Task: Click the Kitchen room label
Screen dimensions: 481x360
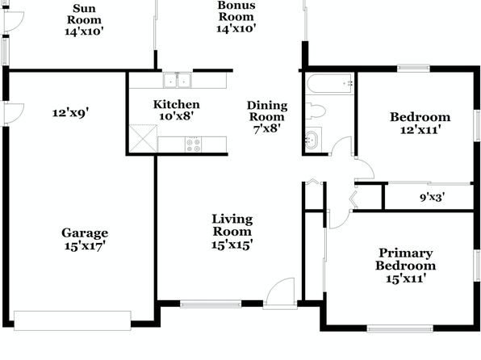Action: [177, 104]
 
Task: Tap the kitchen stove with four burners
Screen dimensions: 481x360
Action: [193, 144]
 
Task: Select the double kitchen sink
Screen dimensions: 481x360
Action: [177, 81]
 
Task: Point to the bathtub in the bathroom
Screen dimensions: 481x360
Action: [330, 83]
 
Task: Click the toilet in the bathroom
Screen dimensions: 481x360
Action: [316, 111]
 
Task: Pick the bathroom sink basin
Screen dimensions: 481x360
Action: [312, 140]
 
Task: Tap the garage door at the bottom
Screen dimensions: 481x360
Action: [73, 320]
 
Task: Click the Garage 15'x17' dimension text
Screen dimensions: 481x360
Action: [85, 246]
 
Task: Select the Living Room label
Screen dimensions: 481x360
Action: [232, 225]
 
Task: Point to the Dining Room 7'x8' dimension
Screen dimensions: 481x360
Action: [267, 128]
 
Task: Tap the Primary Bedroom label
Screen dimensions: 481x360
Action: [405, 259]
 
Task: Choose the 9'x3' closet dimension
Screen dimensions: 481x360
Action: [433, 197]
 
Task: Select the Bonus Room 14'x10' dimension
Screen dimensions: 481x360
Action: [236, 28]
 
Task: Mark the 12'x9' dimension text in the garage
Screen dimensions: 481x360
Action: [70, 113]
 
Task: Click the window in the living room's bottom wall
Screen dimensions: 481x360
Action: [211, 304]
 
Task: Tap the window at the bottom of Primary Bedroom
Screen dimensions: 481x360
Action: [400, 329]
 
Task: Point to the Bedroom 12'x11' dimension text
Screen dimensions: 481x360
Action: [420, 130]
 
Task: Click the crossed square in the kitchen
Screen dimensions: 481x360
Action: [144, 138]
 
